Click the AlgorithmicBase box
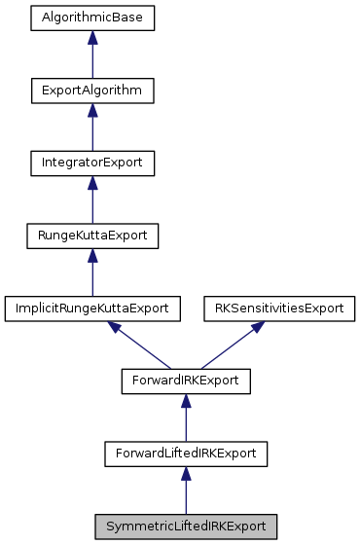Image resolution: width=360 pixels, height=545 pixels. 92,18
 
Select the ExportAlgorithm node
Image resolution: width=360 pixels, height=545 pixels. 92,91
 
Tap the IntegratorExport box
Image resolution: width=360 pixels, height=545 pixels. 92,163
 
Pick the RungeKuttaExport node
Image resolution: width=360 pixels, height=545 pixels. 92,235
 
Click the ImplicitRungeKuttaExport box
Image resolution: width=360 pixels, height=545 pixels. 92,308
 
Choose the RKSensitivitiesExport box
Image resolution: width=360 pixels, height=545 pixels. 278,308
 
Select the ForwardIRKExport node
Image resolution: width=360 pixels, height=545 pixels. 185,381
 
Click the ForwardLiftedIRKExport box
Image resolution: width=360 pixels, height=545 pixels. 185,453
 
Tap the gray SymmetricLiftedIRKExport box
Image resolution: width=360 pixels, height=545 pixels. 185,525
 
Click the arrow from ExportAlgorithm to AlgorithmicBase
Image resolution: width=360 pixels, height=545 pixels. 92,56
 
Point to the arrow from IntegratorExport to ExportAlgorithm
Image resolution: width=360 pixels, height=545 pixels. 92,128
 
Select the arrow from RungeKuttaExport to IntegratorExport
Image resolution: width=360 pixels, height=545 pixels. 92,200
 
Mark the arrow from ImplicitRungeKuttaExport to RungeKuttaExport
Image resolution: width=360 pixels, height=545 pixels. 92,272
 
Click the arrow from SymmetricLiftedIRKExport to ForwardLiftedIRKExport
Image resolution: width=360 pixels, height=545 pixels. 185,490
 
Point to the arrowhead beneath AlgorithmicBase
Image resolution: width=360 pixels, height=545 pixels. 92,38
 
